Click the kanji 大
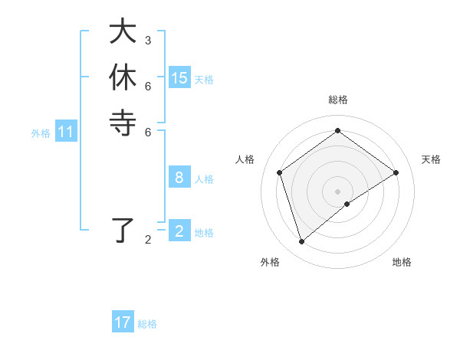click(x=122, y=33)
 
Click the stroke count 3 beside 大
click(x=148, y=40)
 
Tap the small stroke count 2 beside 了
click(x=148, y=240)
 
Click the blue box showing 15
click(x=179, y=78)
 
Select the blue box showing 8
click(x=179, y=178)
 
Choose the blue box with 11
click(x=66, y=133)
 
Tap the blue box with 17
click(x=123, y=322)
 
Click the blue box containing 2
click(x=179, y=231)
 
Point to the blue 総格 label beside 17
click(x=148, y=324)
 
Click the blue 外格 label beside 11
click(x=41, y=133)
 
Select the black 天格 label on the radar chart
click(x=431, y=159)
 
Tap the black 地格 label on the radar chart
click(x=402, y=262)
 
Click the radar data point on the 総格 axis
click(x=337, y=130)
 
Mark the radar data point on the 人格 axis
click(x=280, y=172)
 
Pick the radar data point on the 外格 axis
click(x=301, y=242)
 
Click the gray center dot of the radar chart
click(x=337, y=191)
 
